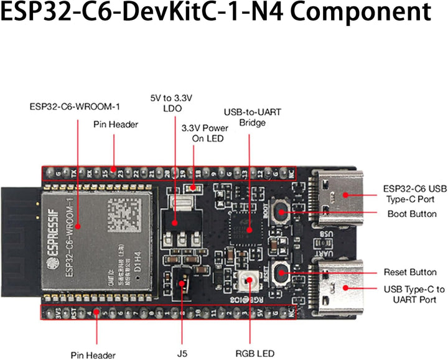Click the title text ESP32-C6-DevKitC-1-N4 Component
(223, 14)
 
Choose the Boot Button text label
(411, 214)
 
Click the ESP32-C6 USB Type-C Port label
(415, 193)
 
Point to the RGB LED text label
(254, 353)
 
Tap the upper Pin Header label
(115, 124)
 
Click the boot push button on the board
(281, 213)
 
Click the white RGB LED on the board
(253, 280)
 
